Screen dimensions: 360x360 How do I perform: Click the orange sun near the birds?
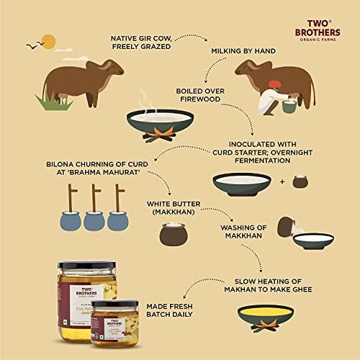click(x=49, y=41)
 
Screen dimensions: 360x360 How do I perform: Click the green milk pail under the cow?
click(x=289, y=106)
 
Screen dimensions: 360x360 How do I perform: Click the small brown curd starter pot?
click(x=300, y=181)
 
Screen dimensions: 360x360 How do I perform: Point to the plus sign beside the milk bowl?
click(x=280, y=181)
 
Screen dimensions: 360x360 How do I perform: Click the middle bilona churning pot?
click(x=94, y=217)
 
